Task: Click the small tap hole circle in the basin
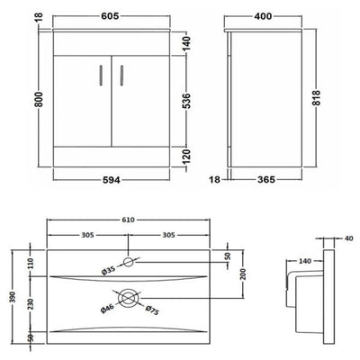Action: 131,262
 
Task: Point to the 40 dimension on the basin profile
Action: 348,238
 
